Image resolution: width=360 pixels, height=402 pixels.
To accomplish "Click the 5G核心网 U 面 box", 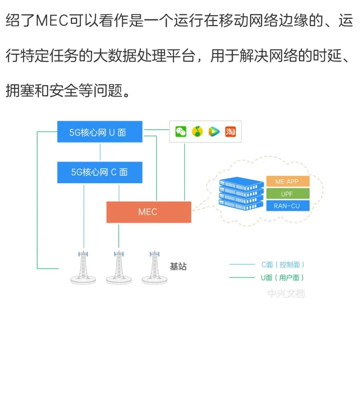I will click(100, 132).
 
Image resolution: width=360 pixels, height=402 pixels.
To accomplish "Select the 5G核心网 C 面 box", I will click(100, 172).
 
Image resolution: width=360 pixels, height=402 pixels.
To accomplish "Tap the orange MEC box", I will click(148, 212).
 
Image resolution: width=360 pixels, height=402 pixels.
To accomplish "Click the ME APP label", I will click(287, 182).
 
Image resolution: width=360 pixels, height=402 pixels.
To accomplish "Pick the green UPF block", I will click(287, 194).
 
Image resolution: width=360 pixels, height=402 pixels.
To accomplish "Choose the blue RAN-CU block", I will click(287, 206).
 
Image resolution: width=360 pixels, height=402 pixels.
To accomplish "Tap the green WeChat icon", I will click(181, 132).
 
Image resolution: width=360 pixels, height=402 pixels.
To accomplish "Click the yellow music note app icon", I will click(197, 132).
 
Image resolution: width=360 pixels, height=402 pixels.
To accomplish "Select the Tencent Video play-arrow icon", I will click(214, 132).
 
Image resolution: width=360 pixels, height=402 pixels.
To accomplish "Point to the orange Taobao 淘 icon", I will click(230, 132).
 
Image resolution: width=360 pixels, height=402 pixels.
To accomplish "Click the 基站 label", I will click(178, 266).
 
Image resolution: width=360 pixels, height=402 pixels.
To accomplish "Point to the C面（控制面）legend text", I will click(283, 264).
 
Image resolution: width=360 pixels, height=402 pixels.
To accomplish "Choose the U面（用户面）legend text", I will click(282, 277).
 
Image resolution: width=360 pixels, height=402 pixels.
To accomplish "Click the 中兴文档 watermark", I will click(286, 293).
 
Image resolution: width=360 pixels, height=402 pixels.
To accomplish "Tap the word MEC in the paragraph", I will click(52, 21).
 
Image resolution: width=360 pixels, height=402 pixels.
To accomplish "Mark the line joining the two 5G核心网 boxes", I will click(100, 152).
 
